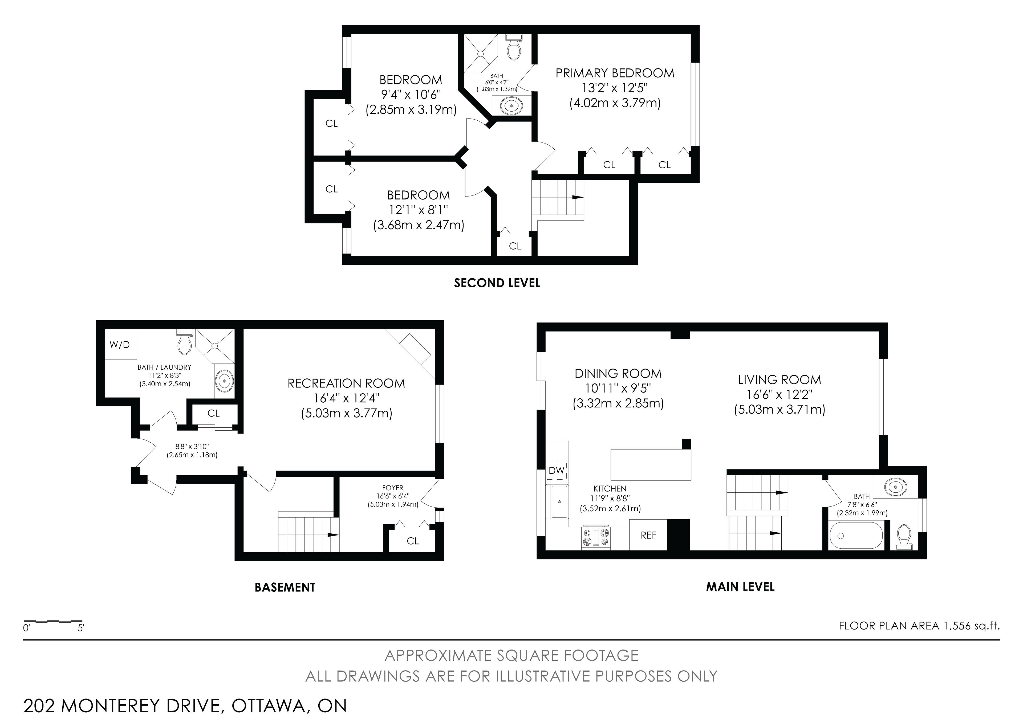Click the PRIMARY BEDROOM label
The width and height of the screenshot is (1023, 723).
click(x=615, y=73)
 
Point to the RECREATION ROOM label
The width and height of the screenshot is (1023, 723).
click(x=346, y=383)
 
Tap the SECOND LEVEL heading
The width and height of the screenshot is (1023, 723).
click(x=497, y=283)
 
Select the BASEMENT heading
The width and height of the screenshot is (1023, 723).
click(x=285, y=587)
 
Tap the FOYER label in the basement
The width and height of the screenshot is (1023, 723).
click(x=392, y=488)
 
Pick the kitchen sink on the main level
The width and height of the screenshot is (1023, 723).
click(x=560, y=502)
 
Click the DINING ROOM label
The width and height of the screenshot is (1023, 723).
click(x=618, y=373)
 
